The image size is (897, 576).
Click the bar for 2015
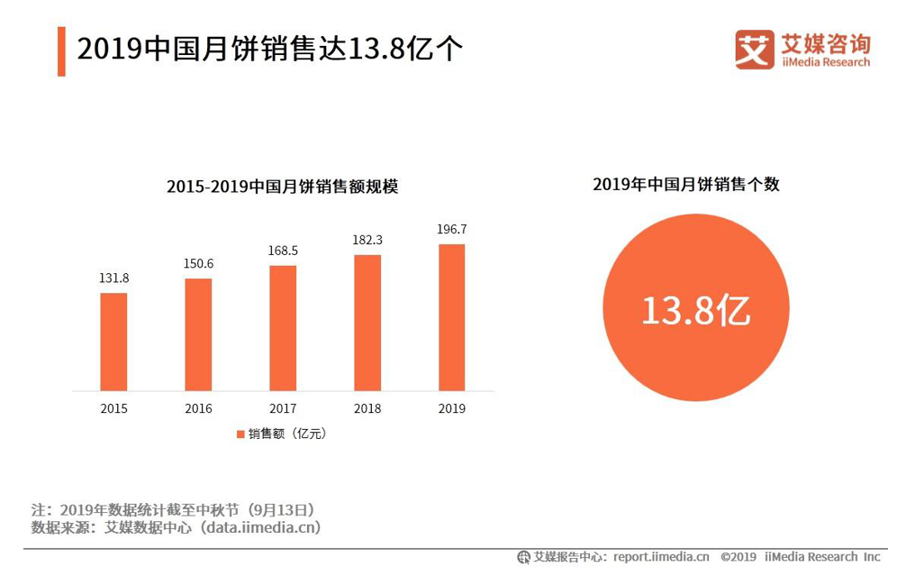click(x=113, y=342)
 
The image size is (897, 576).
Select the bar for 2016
click(x=198, y=334)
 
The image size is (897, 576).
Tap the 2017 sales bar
click(x=283, y=328)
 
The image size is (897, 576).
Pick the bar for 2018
click(x=367, y=323)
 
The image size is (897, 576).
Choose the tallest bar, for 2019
click(x=452, y=317)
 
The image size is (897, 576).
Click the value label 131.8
click(x=113, y=279)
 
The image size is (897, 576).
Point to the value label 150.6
click(x=198, y=264)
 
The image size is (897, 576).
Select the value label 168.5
click(x=283, y=251)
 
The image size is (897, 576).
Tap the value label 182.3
click(x=367, y=241)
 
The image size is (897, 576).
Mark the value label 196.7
click(x=452, y=230)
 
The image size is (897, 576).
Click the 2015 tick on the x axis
click(x=113, y=408)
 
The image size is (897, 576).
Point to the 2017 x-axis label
click(x=283, y=408)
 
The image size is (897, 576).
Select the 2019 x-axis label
click(x=452, y=408)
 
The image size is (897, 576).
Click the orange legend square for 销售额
click(x=240, y=434)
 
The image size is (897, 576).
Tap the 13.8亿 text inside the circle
click(x=695, y=310)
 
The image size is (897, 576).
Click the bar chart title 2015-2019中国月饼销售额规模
click(x=282, y=187)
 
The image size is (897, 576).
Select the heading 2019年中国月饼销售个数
click(x=685, y=185)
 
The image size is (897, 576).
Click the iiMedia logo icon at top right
click(x=754, y=50)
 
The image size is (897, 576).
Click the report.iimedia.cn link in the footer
click(x=661, y=557)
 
